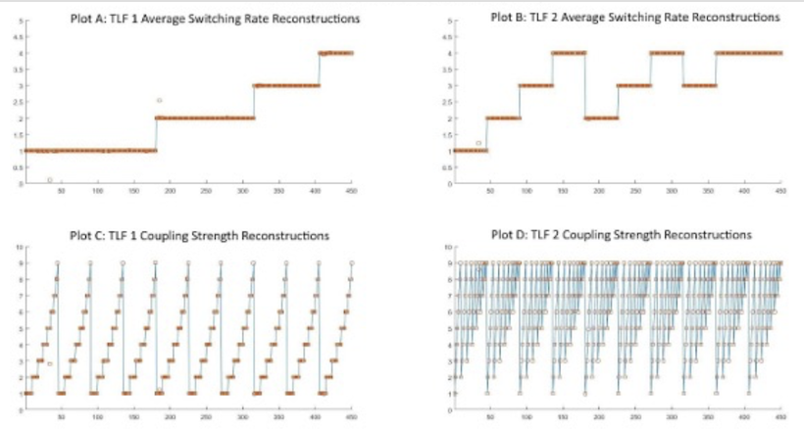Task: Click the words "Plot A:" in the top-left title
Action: click(x=85, y=19)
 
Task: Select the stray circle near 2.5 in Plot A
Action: click(x=160, y=100)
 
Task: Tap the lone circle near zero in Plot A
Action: click(x=49, y=179)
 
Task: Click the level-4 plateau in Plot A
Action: click(x=336, y=53)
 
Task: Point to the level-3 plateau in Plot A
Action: click(x=286, y=85)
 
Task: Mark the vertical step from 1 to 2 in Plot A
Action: click(x=155, y=134)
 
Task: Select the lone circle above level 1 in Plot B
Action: click(x=478, y=143)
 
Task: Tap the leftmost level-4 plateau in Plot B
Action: click(x=569, y=53)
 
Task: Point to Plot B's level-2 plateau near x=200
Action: click(x=600, y=118)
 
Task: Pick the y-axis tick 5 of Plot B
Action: click(x=447, y=20)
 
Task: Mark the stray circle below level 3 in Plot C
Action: click(x=50, y=364)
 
